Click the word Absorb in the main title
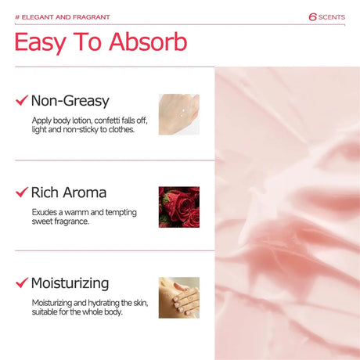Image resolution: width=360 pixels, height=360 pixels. (x=148, y=41)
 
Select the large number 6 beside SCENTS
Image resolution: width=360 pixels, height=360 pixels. (x=312, y=17)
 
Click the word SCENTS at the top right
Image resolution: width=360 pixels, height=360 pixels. (x=332, y=17)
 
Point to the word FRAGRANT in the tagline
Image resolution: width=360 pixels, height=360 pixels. (x=92, y=17)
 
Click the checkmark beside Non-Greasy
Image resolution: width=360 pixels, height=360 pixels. (x=22, y=100)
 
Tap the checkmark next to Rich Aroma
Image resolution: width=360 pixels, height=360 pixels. (x=22, y=192)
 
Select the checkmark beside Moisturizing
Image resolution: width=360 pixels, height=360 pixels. (x=22, y=283)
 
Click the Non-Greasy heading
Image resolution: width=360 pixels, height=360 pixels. (x=70, y=101)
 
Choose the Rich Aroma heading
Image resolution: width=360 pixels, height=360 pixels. (x=69, y=193)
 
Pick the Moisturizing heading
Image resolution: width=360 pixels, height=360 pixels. (x=70, y=283)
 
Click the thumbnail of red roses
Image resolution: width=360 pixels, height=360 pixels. (x=179, y=207)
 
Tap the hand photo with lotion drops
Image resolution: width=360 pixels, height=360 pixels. (x=179, y=114)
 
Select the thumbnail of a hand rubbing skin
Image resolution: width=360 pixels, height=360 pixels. (x=179, y=297)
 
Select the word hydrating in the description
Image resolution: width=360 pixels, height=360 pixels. (x=103, y=303)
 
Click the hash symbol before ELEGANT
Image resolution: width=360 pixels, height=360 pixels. (x=17, y=17)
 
